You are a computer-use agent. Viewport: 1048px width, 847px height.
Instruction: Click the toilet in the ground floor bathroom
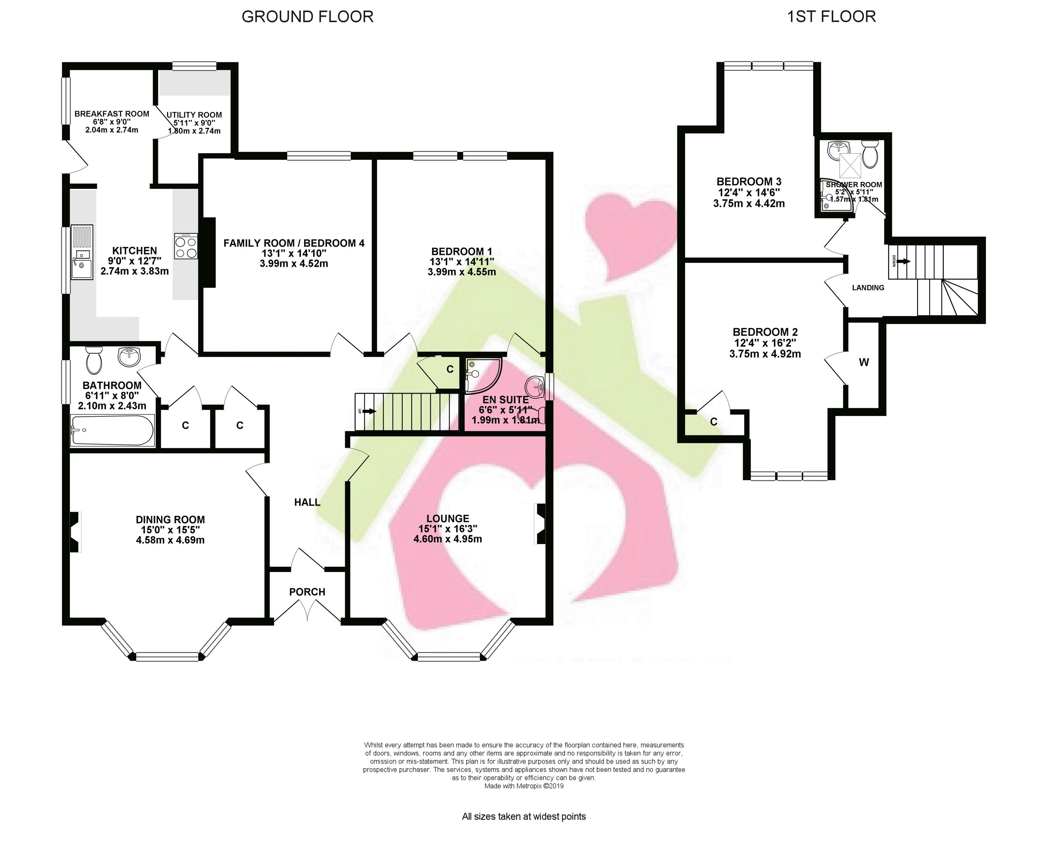pyautogui.click(x=93, y=360)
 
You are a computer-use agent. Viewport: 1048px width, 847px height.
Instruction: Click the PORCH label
pyautogui.click(x=307, y=592)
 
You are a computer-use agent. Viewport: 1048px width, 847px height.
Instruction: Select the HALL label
pyautogui.click(x=307, y=502)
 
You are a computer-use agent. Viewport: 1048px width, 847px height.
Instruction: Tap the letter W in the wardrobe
pyautogui.click(x=864, y=362)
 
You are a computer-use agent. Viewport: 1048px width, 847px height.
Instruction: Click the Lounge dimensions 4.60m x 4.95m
pyautogui.click(x=448, y=539)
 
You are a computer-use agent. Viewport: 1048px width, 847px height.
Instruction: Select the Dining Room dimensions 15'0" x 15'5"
pyautogui.click(x=170, y=530)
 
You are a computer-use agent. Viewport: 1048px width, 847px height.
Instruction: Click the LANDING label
pyautogui.click(x=868, y=288)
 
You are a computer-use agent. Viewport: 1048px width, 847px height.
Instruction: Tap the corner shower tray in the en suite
pyautogui.click(x=483, y=376)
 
